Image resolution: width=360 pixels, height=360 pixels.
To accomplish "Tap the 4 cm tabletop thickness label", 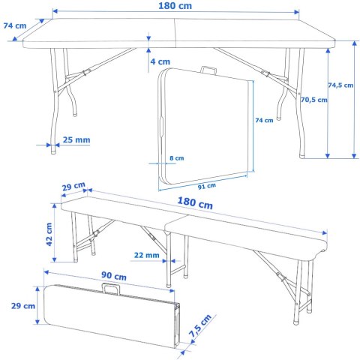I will click(x=159, y=61).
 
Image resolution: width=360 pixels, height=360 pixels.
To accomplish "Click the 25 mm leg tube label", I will click(x=77, y=140).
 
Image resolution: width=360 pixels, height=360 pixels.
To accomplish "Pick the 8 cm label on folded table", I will click(x=176, y=158).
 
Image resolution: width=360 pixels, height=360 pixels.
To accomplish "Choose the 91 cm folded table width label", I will click(x=206, y=185).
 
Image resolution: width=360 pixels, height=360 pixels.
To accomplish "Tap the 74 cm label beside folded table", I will click(x=263, y=121).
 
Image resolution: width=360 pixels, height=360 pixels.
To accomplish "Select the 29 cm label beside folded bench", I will click(x=23, y=306).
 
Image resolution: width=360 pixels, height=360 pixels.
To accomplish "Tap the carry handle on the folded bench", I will click(x=114, y=288).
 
